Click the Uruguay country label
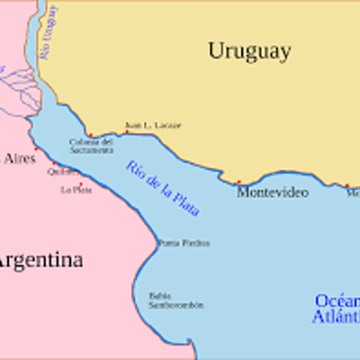click(x=249, y=51)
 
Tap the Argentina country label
click(x=40, y=261)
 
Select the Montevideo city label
click(x=272, y=193)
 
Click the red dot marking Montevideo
click(x=238, y=182)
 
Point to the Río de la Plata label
click(x=163, y=187)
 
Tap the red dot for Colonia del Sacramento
click(x=90, y=135)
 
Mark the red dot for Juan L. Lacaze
click(x=127, y=131)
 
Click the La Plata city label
click(x=76, y=191)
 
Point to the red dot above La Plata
click(x=80, y=184)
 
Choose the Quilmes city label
click(x=60, y=170)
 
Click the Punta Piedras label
click(x=183, y=243)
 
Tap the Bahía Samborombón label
click(x=175, y=300)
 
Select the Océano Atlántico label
click(x=337, y=308)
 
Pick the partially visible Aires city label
click(x=20, y=158)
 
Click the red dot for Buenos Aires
click(x=35, y=148)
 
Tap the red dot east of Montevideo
click(x=346, y=186)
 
